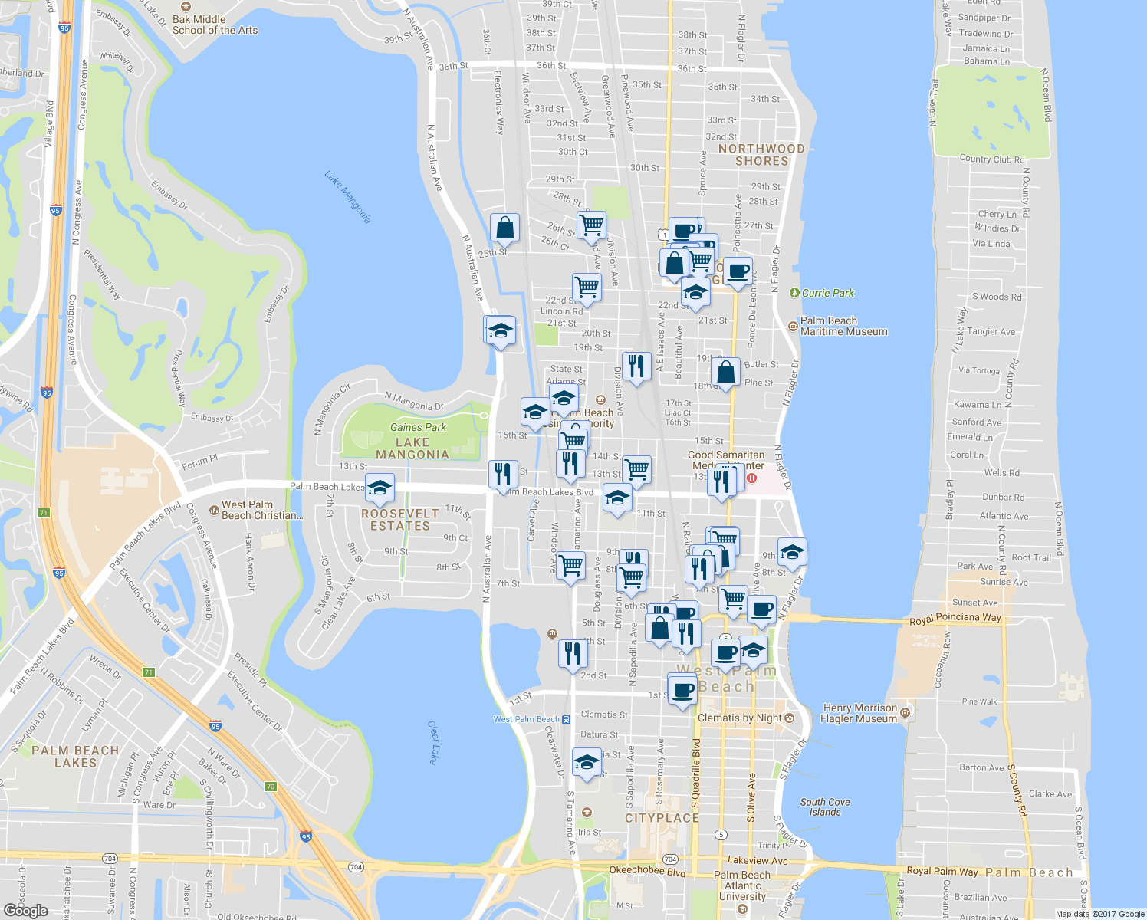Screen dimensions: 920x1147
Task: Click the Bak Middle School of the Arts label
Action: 214,25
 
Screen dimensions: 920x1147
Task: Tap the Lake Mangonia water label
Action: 347,198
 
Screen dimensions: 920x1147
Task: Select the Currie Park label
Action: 827,293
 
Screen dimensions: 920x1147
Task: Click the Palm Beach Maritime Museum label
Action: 843,326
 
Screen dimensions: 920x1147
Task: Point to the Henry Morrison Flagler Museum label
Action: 858,713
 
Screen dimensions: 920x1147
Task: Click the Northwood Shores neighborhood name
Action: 761,155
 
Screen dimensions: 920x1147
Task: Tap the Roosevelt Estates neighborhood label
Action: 400,520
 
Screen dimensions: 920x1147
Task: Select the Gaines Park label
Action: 418,427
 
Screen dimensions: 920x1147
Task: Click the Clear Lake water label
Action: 433,742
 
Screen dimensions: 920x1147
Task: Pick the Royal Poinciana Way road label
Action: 955,618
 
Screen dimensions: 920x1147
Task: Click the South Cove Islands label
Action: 825,807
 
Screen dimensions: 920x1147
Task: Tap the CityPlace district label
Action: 662,818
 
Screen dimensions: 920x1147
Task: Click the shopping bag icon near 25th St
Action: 504,228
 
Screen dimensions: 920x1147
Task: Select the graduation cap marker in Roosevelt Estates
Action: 380,488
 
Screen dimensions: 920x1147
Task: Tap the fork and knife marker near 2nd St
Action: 573,653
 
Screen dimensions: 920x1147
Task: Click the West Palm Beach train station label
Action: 527,719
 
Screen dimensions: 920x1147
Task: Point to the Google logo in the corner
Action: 25,911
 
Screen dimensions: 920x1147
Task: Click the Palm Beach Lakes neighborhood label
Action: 75,756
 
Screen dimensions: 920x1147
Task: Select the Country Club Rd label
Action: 991,159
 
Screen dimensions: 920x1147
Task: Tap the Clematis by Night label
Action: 740,718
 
